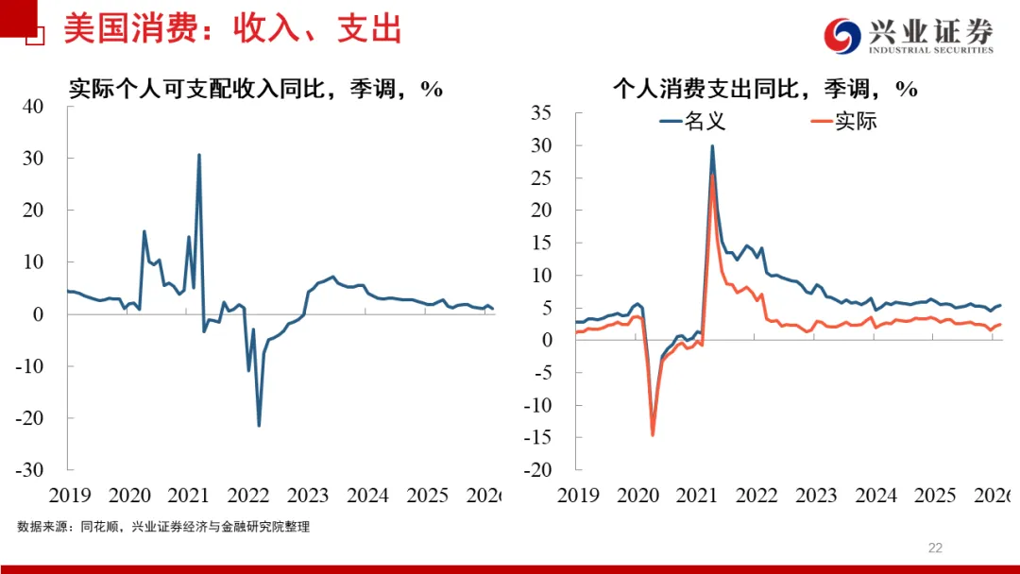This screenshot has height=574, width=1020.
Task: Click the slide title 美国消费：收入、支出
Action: coord(232,29)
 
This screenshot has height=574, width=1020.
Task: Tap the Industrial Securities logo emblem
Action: coord(842,36)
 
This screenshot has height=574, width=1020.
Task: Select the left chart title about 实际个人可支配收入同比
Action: coord(256,89)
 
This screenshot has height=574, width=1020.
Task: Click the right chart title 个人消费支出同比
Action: coord(765,89)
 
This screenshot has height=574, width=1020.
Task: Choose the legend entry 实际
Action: coord(844,121)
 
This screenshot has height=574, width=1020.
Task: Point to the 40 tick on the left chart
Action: coord(33,107)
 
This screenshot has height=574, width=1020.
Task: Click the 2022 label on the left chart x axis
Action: coord(248,496)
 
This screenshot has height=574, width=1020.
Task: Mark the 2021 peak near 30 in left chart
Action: coord(198,155)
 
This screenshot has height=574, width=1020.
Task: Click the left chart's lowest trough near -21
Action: coord(259,425)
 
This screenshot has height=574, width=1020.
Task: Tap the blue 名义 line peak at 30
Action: coord(711,145)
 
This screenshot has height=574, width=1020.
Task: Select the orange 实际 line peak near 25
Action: coord(712,175)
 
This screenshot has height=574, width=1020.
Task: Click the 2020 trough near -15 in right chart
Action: coord(652,434)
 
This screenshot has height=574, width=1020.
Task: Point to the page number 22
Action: coord(935,548)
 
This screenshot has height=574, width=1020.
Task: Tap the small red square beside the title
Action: coord(35,37)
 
